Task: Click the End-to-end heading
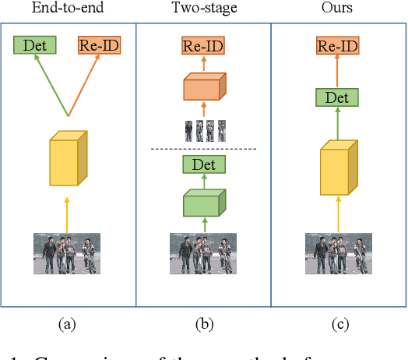(68, 9)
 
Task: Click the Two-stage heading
(203, 9)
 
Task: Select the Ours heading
(338, 9)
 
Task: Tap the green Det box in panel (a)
(35, 45)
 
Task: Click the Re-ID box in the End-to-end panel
(99, 45)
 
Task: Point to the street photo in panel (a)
(67, 253)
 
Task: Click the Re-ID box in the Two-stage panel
(203, 46)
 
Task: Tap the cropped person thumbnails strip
(203, 129)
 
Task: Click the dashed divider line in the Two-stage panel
(203, 149)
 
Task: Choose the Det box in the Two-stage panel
(203, 164)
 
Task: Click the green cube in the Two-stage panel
(203, 203)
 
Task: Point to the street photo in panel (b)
(203, 253)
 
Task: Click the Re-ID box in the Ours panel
(338, 46)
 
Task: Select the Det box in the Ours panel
(338, 97)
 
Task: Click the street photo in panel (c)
(338, 253)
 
